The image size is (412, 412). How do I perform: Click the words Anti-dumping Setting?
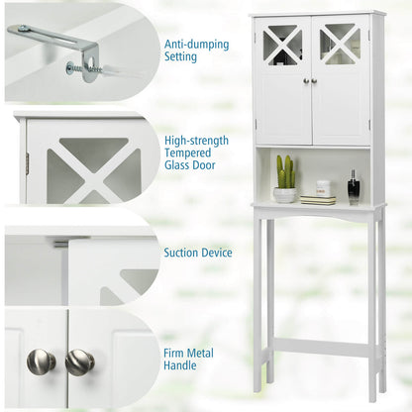point(197,51)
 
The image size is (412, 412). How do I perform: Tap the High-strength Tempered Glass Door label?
point(196,153)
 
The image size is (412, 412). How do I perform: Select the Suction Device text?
point(198,253)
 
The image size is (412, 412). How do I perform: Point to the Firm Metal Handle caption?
point(188,360)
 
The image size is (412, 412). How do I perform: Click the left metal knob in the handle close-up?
point(41,361)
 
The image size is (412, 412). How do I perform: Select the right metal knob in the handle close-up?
point(79,362)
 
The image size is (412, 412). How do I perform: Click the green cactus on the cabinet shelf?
point(285,171)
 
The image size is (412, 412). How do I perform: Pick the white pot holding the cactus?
point(284,195)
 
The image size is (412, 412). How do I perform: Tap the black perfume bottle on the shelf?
point(354,187)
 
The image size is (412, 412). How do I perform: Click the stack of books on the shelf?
point(318,200)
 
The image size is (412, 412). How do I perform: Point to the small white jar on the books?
point(323,188)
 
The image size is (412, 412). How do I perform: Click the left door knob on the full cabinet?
point(307,80)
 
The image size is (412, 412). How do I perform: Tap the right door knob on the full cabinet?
point(314,80)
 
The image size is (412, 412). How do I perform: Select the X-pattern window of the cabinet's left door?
point(282,45)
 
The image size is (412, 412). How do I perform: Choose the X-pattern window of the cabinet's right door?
point(340,44)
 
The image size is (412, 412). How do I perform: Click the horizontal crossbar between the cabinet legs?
point(323,348)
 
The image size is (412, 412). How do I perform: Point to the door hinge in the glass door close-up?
point(28,162)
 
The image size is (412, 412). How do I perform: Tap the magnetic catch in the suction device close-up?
point(61,244)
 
